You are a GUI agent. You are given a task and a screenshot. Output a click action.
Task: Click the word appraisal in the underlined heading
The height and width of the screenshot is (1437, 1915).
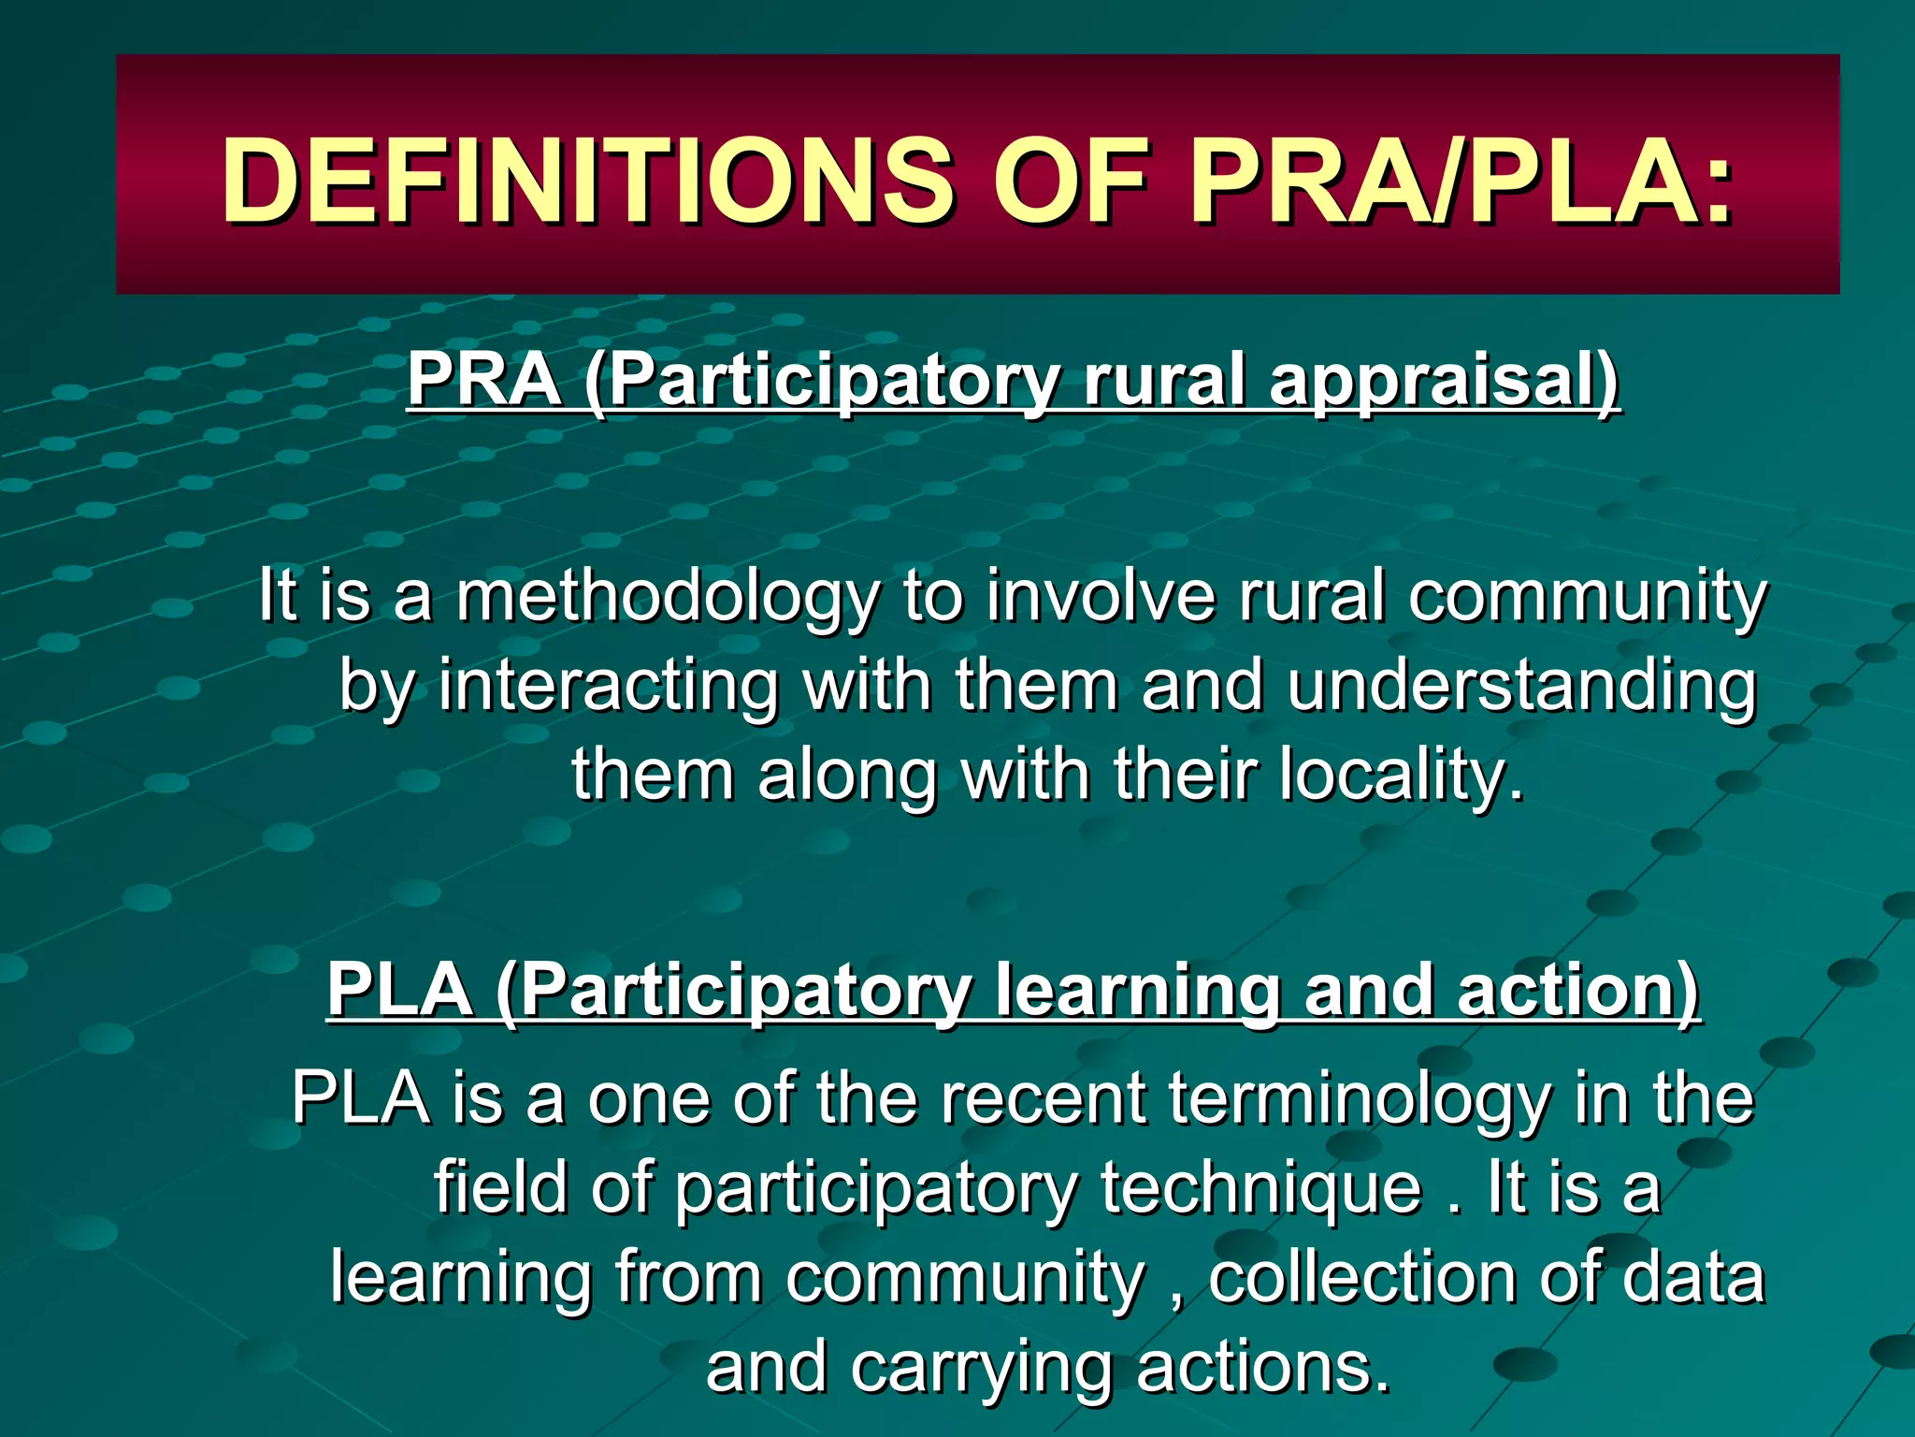[1443, 382]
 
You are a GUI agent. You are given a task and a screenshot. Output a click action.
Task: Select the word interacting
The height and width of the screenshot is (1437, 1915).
[608, 687]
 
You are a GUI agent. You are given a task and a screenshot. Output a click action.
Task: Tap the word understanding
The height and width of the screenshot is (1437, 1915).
[1521, 687]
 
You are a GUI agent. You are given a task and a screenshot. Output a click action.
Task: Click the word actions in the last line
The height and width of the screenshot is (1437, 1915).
[1263, 1368]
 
